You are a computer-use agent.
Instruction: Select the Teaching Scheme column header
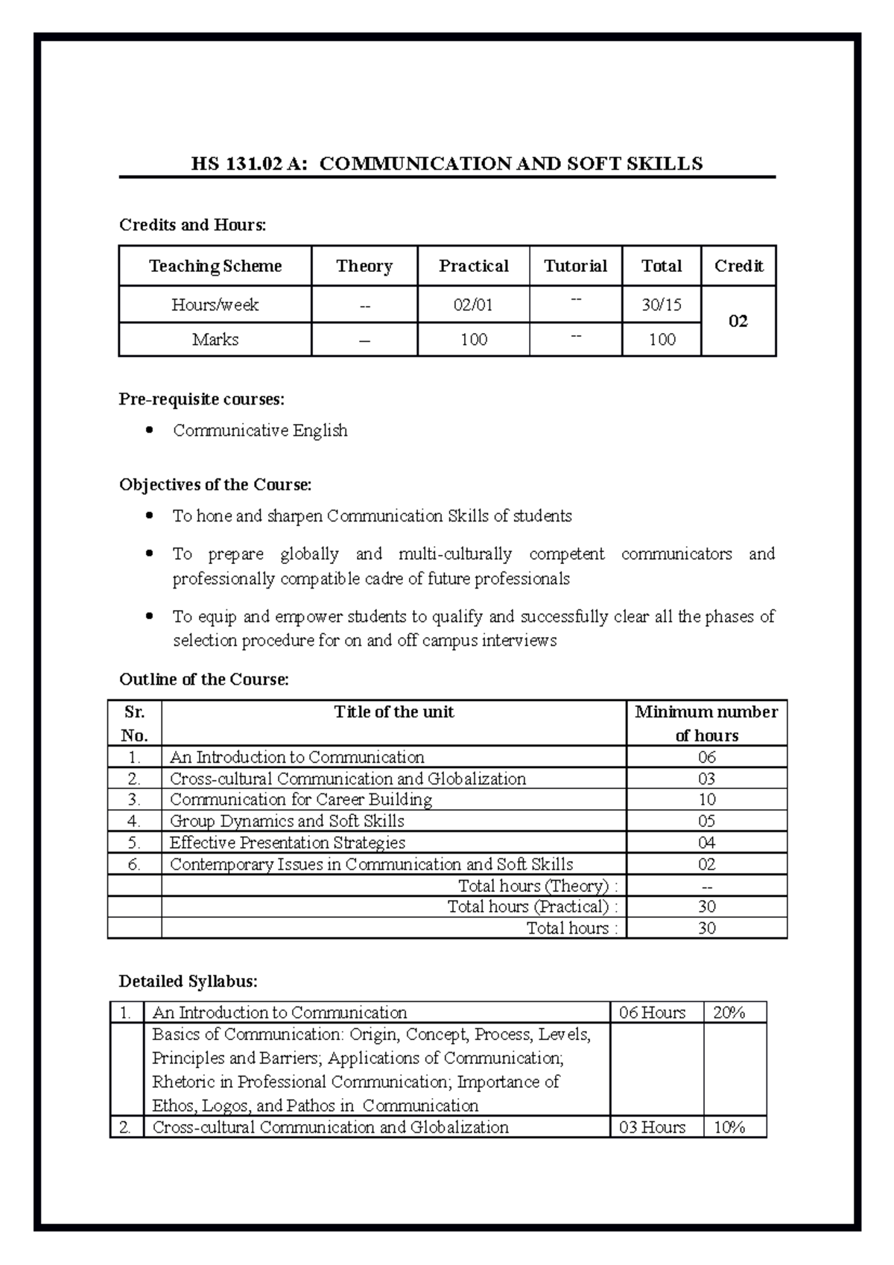click(215, 266)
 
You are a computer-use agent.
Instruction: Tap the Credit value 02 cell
click(738, 321)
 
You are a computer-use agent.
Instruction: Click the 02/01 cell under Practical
click(473, 305)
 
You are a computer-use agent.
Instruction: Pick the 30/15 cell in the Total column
click(661, 305)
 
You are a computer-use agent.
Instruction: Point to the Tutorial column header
click(575, 266)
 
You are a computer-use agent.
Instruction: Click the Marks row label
click(215, 340)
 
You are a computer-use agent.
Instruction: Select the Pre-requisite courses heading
click(201, 399)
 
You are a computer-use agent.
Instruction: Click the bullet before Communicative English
click(150, 430)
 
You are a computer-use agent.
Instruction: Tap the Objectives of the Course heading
click(215, 485)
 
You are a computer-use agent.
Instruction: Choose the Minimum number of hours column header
click(706, 723)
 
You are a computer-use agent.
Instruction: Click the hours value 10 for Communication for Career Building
click(706, 799)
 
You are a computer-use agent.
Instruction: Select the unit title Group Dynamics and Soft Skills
click(287, 821)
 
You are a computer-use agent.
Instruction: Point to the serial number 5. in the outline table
click(134, 843)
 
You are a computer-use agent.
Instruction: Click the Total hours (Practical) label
click(532, 907)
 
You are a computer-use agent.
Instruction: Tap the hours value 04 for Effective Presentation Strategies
click(706, 843)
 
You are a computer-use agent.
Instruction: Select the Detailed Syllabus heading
click(188, 981)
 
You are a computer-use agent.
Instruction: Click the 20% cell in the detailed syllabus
click(729, 1012)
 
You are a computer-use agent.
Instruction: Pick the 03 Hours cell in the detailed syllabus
click(652, 1127)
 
